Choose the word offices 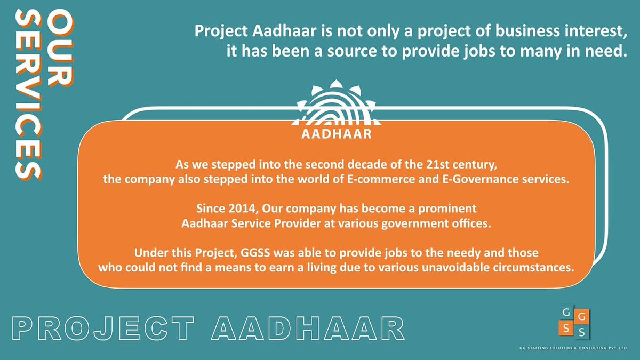click(x=469, y=223)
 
